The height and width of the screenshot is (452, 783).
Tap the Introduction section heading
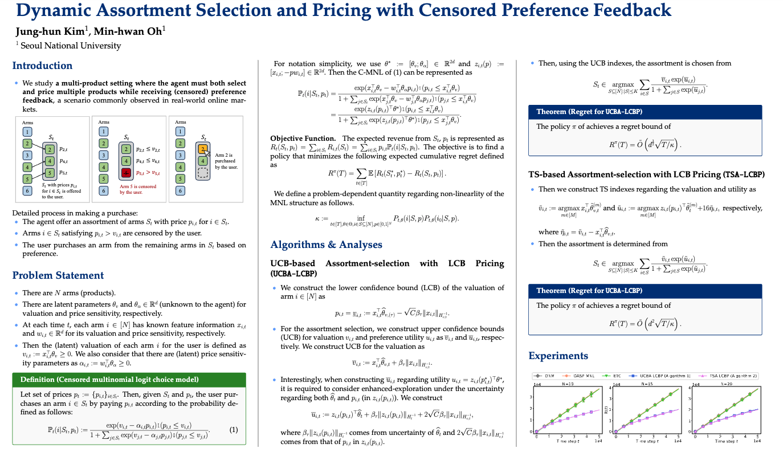[42, 66]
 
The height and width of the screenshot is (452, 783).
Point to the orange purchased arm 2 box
[202, 149]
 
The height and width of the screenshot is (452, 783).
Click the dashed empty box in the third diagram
[202, 173]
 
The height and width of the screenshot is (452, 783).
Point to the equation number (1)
[233, 430]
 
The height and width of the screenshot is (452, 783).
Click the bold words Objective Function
[303, 139]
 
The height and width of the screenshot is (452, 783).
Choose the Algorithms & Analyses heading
[326, 245]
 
